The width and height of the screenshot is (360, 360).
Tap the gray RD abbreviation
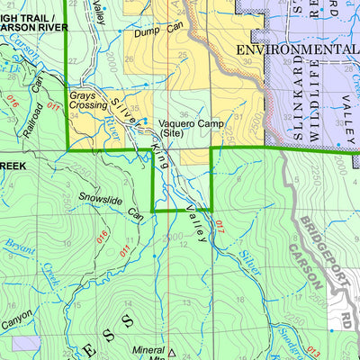pyautogui.click(x=346, y=321)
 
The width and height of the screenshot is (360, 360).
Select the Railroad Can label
pyautogui.click(x=32, y=96)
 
